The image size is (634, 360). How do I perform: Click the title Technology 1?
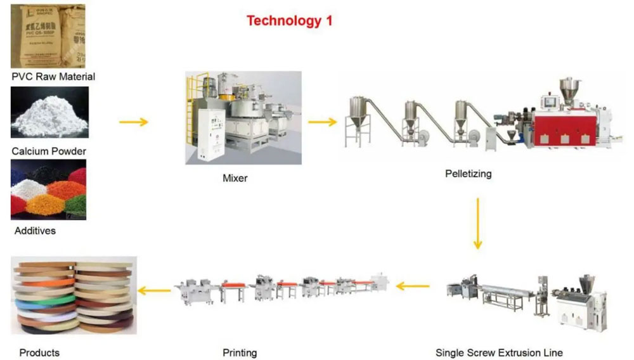pos(289,20)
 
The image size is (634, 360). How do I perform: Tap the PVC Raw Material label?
pos(53,77)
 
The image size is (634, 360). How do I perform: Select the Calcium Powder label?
pos(49,151)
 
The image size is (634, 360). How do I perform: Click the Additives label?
pos(35,231)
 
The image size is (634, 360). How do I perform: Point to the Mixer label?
pos(235,178)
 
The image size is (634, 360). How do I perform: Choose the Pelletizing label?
pos(468,173)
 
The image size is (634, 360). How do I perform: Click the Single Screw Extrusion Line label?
pos(499,352)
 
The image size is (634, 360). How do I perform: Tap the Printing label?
pos(240,352)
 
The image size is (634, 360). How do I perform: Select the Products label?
pos(39,352)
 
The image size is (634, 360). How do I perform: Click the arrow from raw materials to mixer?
pos(134,122)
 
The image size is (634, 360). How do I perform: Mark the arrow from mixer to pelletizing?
pos(323,122)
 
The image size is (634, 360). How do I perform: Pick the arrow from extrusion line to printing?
pos(413,287)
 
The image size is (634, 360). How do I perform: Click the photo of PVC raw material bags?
pos(48,36)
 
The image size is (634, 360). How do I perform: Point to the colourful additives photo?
pos(48,190)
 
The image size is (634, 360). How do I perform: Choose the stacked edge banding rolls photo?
pos(74,295)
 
